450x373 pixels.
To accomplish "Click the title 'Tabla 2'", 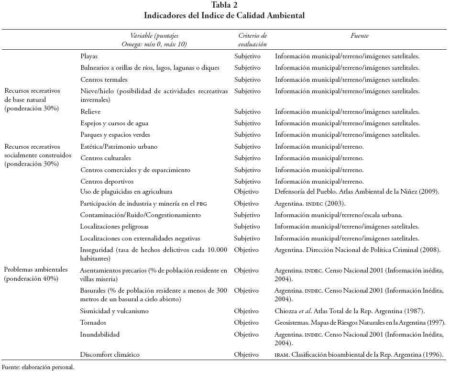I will coord(224,6).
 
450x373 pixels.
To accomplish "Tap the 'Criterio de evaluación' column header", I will coord(252,40).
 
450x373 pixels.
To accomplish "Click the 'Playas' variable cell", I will coord(89,56).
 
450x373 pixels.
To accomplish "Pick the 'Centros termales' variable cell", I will coord(104,79).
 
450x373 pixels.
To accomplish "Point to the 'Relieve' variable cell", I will coord(90,112).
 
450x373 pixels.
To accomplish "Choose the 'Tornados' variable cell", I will coord(93,322).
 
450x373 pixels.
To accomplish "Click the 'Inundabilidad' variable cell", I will coord(100,334).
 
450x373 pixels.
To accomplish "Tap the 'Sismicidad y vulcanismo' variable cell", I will coord(114,311).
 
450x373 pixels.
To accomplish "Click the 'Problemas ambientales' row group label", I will coord(36,274).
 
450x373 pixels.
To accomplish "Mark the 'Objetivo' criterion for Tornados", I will coord(247,322).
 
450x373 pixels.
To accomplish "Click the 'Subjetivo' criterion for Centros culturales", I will coord(248,158).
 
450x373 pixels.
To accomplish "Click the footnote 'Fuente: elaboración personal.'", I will coord(38,368).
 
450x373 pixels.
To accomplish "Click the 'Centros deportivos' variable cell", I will coord(107,181).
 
